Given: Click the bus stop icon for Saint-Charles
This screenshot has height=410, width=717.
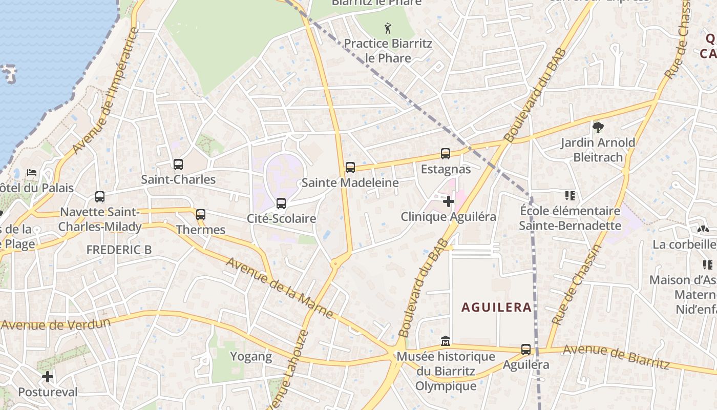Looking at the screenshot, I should pyautogui.click(x=178, y=165).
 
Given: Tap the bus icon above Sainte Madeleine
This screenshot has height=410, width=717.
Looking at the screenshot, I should pyautogui.click(x=350, y=168).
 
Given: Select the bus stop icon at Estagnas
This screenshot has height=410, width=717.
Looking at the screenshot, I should pyautogui.click(x=446, y=154).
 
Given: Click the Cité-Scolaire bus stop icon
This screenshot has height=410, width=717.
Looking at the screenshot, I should pyautogui.click(x=281, y=203).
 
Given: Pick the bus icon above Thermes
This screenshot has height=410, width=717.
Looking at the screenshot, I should pyautogui.click(x=201, y=215).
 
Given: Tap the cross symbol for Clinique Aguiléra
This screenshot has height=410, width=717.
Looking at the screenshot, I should pyautogui.click(x=448, y=201).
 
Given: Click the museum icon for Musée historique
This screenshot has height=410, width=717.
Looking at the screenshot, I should pyautogui.click(x=446, y=341).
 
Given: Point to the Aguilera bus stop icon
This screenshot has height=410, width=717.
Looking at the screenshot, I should pyautogui.click(x=525, y=350).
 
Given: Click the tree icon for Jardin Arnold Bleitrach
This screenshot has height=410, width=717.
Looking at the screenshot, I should pyautogui.click(x=597, y=128).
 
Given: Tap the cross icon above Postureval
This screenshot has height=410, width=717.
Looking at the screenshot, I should pyautogui.click(x=48, y=377).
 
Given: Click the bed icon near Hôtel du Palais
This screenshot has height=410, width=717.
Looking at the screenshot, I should pyautogui.click(x=32, y=173).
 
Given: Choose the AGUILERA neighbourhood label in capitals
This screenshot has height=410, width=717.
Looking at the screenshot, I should pyautogui.click(x=496, y=307).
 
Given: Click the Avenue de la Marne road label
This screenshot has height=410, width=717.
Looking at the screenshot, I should pyautogui.click(x=280, y=288).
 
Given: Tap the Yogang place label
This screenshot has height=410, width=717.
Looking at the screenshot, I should pyautogui.click(x=251, y=357).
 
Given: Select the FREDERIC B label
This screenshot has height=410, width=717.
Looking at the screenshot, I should pyautogui.click(x=119, y=250).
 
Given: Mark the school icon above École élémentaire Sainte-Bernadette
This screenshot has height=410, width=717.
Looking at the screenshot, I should pyautogui.click(x=570, y=195).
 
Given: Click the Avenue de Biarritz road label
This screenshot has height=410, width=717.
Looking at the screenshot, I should pyautogui.click(x=616, y=356).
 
